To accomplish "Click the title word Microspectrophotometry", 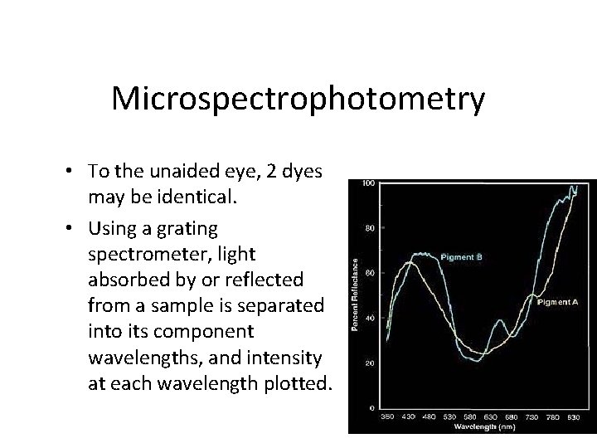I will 298,100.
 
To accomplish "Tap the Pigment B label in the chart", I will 461,256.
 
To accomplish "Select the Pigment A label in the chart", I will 558,302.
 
